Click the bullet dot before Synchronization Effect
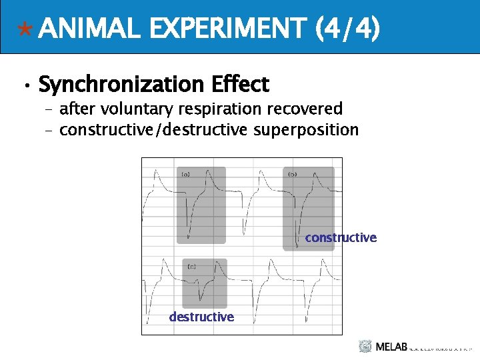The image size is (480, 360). pos(24,87)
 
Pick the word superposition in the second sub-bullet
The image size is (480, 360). pos(306,129)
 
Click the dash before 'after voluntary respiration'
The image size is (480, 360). pos(47,109)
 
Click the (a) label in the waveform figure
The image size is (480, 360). pos(185,174)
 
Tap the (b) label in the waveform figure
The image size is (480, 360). pos(292,174)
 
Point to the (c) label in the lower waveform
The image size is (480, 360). pos(191,266)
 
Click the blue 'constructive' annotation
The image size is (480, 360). pos(341,238)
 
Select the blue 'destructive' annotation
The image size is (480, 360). pos(201,317)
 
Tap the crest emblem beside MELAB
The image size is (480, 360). pos(365,347)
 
